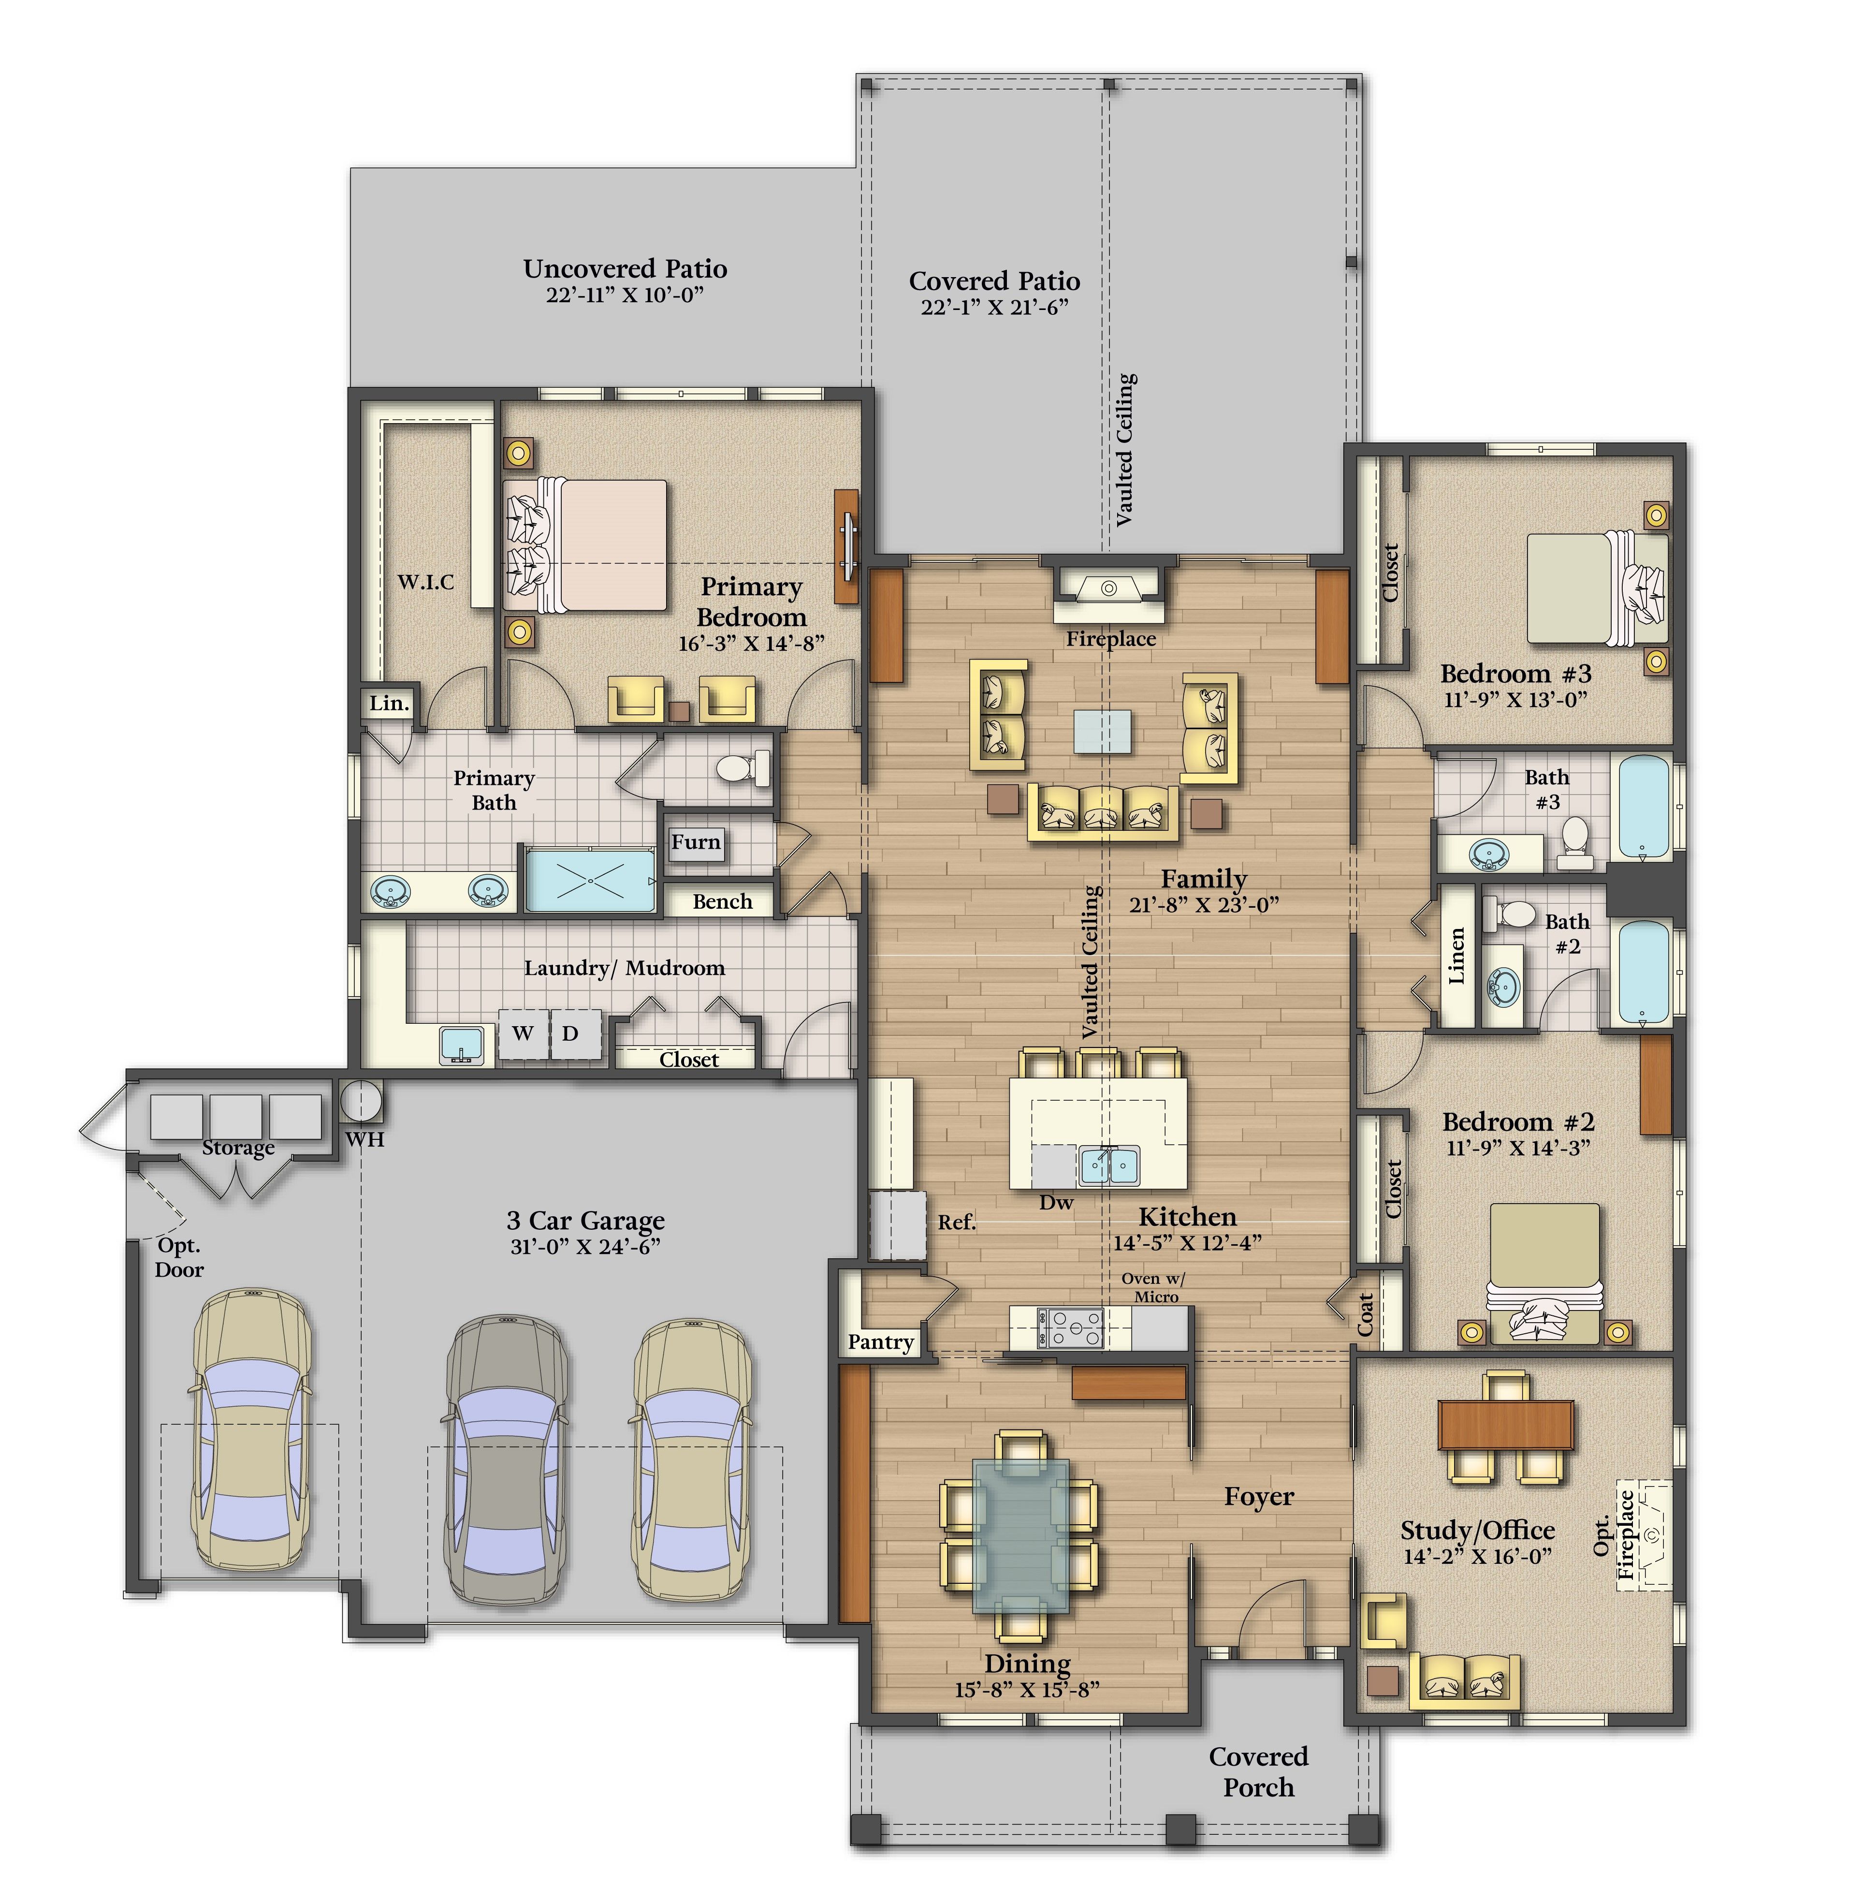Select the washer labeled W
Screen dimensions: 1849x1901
(524, 1034)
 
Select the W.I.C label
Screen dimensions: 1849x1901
(425, 582)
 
